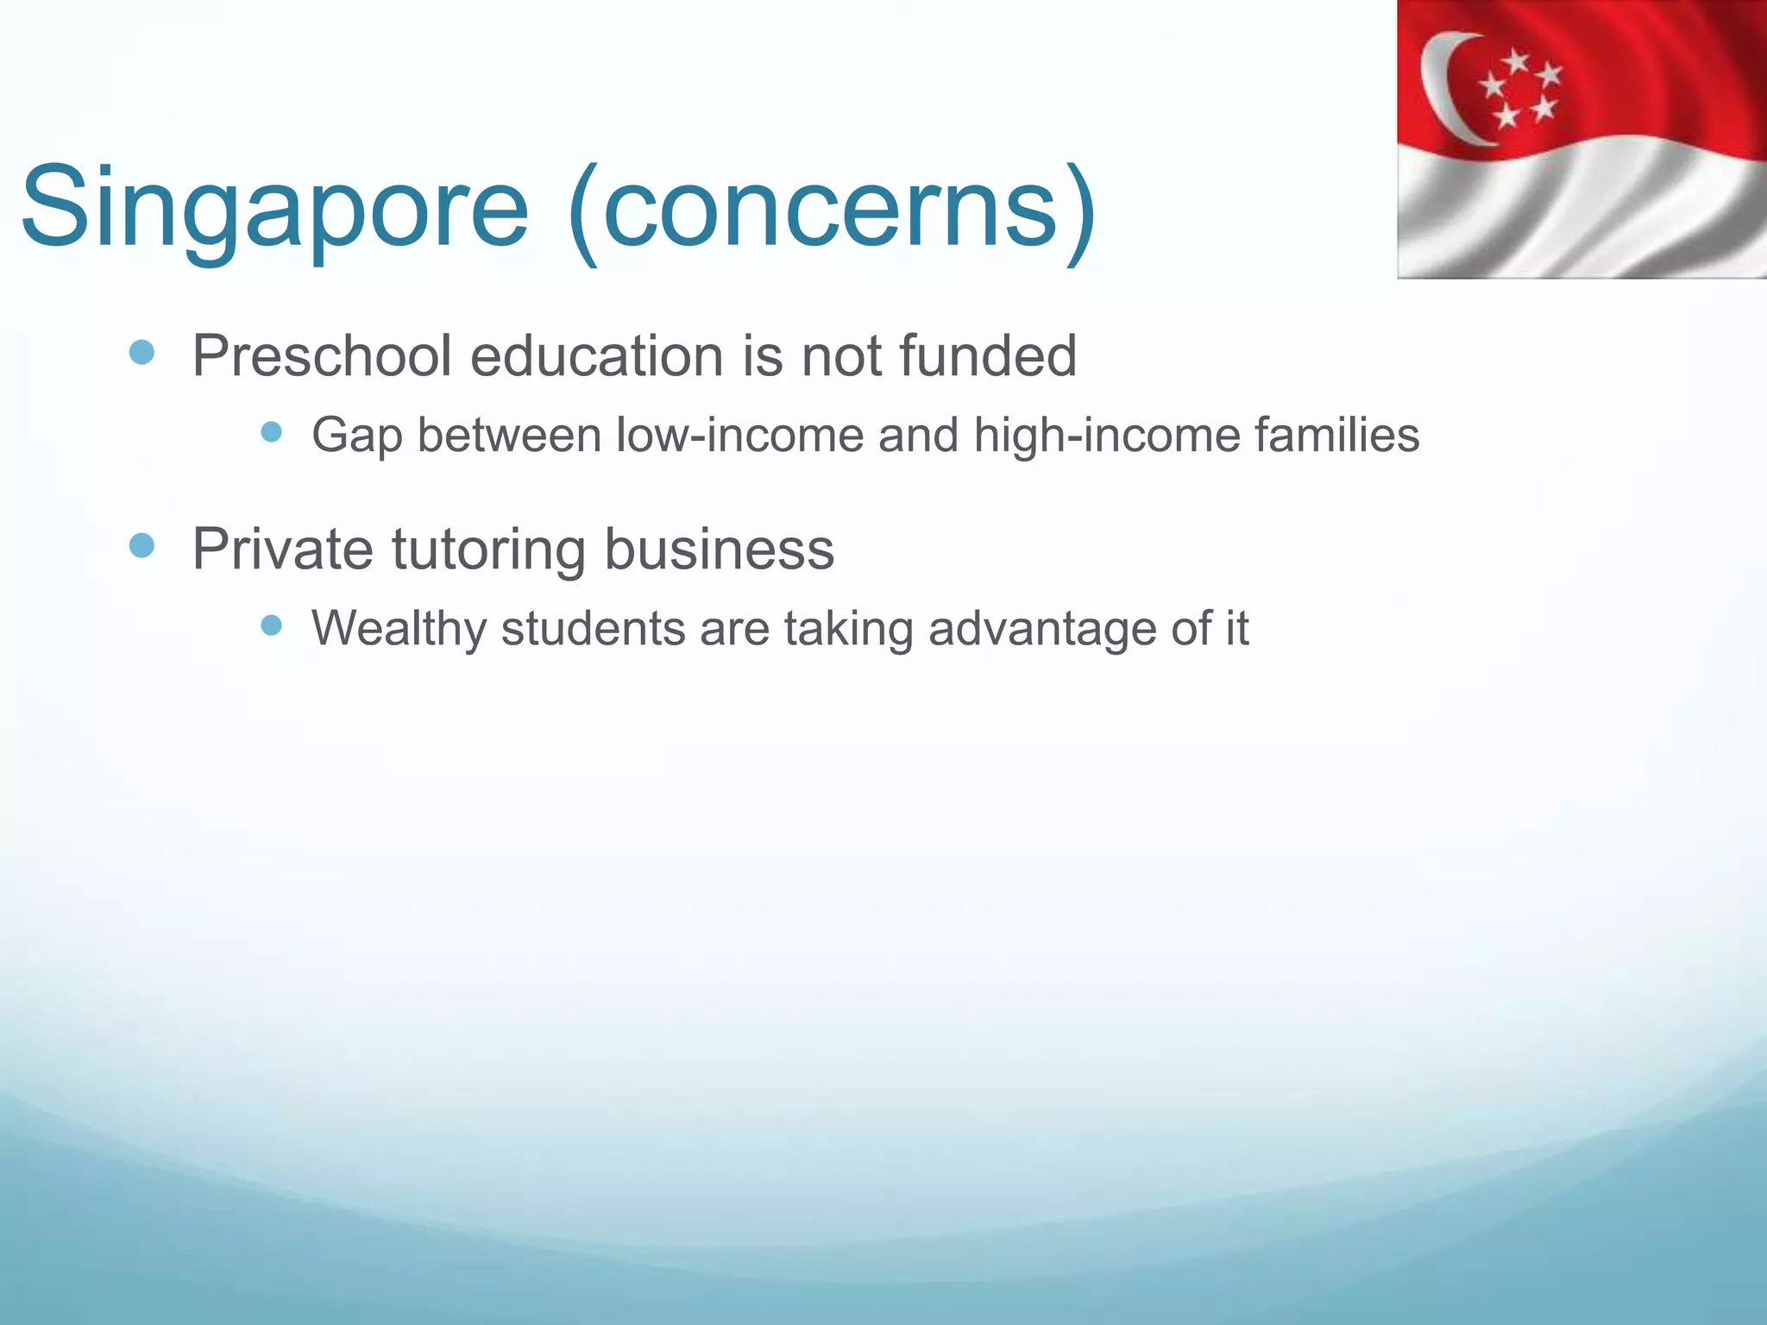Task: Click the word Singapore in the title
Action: click(274, 210)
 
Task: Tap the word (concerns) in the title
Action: click(833, 210)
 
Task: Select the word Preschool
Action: click(322, 355)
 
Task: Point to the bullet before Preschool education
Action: click(141, 352)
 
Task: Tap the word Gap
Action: click(356, 435)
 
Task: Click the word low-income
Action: click(739, 435)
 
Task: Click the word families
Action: click(1336, 435)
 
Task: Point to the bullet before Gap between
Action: click(271, 431)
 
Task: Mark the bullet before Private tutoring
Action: click(141, 545)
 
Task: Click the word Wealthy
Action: click(399, 628)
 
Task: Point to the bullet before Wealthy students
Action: click(271, 625)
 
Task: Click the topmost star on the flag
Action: click(1516, 61)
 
